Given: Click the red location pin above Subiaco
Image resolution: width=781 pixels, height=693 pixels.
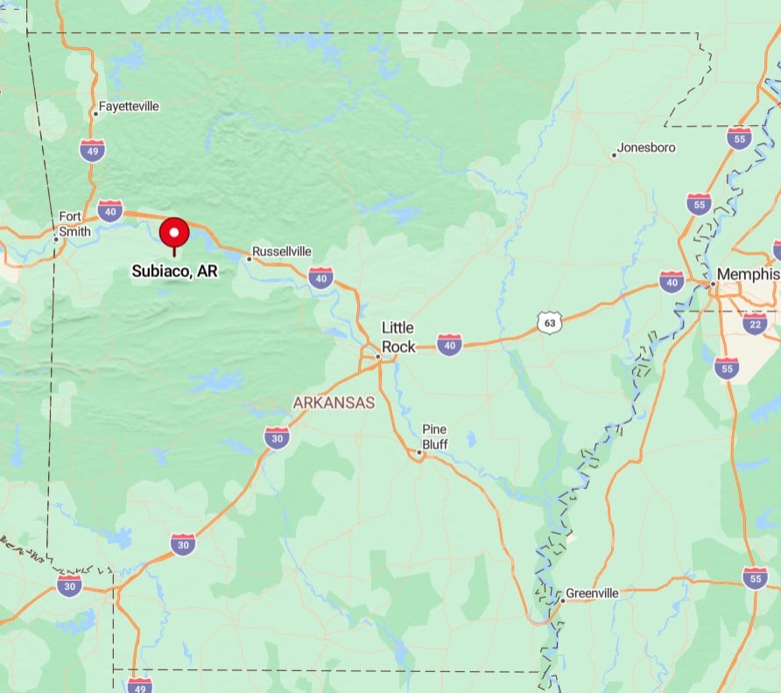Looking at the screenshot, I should click(174, 233).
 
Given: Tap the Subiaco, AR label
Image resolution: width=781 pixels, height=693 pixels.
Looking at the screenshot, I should click(174, 271).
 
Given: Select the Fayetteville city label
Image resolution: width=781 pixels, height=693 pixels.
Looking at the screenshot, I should click(129, 106).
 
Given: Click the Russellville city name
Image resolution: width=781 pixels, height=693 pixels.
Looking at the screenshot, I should click(282, 251).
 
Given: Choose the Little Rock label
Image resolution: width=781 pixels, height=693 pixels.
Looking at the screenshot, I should click(398, 337).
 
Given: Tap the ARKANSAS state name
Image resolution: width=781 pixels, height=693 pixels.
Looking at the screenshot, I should click(334, 402).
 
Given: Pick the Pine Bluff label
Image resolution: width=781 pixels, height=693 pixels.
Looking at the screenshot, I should click(435, 437).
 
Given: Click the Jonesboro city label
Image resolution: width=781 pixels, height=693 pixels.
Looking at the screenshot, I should click(646, 148).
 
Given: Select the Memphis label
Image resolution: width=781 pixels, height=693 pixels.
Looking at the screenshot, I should click(747, 275).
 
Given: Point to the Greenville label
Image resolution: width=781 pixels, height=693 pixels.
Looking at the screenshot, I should click(592, 593).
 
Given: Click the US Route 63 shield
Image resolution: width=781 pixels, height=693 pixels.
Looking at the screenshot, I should click(549, 323).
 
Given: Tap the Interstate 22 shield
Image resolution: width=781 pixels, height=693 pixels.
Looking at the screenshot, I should click(755, 324).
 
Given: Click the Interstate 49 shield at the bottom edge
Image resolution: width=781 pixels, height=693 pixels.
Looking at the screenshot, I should click(138, 684).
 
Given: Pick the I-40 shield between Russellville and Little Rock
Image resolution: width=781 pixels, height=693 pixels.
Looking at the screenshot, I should click(320, 277).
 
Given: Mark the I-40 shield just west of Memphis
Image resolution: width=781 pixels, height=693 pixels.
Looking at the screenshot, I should click(672, 281).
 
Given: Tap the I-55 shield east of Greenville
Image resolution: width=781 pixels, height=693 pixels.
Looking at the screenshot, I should click(755, 577).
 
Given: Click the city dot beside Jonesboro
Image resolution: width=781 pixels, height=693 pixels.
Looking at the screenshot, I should click(613, 156).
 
